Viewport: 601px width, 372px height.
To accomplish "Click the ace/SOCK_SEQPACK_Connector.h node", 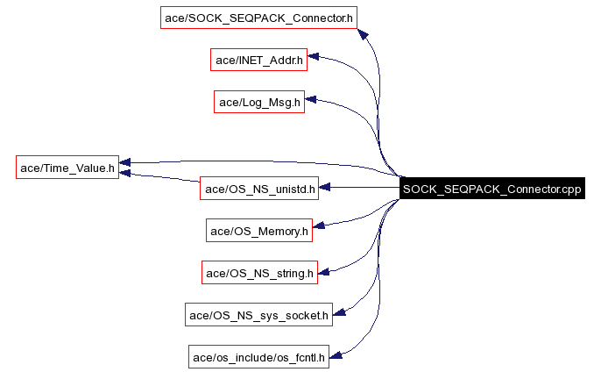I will click(x=259, y=18).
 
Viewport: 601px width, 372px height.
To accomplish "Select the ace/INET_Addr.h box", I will click(x=258, y=60).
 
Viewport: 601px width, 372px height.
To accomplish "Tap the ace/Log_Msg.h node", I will click(x=258, y=102).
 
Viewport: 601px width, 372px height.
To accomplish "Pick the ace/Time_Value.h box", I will click(x=67, y=167).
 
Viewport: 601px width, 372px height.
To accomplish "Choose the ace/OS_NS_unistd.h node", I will click(x=258, y=188).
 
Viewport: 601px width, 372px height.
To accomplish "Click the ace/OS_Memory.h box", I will click(x=258, y=231).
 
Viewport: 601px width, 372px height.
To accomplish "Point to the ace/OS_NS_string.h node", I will click(x=258, y=273).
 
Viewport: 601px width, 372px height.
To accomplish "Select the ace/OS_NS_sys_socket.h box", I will click(x=258, y=314).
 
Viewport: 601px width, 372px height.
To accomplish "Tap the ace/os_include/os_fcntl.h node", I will click(x=258, y=356).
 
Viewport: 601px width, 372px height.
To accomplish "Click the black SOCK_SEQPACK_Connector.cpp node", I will click(x=491, y=188).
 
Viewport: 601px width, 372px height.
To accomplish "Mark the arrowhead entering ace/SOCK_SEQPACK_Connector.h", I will click(x=364, y=33).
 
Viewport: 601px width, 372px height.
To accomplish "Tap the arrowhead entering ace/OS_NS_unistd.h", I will click(x=324, y=188).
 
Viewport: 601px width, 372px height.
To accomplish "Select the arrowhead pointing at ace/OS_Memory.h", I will click(x=320, y=227).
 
